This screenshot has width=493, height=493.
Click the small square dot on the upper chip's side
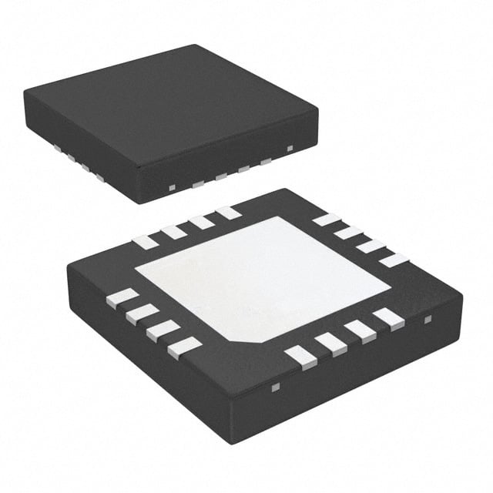tap(290, 147)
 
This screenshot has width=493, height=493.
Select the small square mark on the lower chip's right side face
tap(429, 317)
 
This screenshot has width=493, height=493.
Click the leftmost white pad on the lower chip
tap(122, 298)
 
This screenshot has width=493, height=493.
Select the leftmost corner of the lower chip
tap(67, 266)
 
